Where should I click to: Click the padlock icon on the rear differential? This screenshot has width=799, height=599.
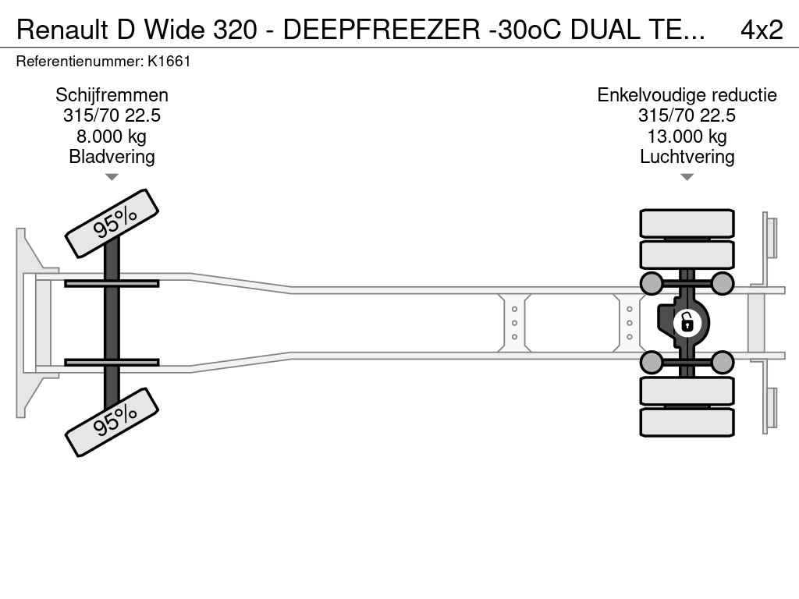687,322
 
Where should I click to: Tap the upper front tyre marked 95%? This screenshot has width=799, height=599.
112,223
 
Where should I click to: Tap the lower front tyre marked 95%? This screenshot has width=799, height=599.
112,422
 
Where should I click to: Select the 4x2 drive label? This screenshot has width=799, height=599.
762,30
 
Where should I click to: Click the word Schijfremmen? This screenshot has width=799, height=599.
112,95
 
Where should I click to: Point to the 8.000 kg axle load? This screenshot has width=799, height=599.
112,136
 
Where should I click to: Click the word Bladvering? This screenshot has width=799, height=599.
112,157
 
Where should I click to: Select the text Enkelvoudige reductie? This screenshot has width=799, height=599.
687,95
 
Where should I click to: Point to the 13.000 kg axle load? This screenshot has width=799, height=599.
687,136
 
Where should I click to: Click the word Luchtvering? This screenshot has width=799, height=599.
687,157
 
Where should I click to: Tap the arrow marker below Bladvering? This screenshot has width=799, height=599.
112,177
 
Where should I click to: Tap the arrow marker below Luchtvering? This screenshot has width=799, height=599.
687,177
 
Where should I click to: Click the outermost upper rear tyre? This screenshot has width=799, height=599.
687,223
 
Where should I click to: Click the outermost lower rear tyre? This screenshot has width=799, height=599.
687,422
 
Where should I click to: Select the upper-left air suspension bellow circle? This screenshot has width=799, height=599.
651,282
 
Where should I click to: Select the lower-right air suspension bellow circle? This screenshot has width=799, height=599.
723,362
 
